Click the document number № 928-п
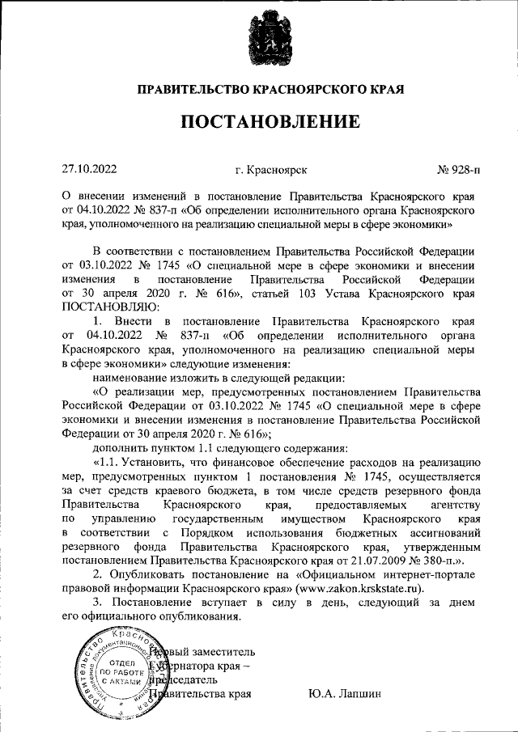[458, 170]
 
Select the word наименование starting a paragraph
[134, 378]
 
